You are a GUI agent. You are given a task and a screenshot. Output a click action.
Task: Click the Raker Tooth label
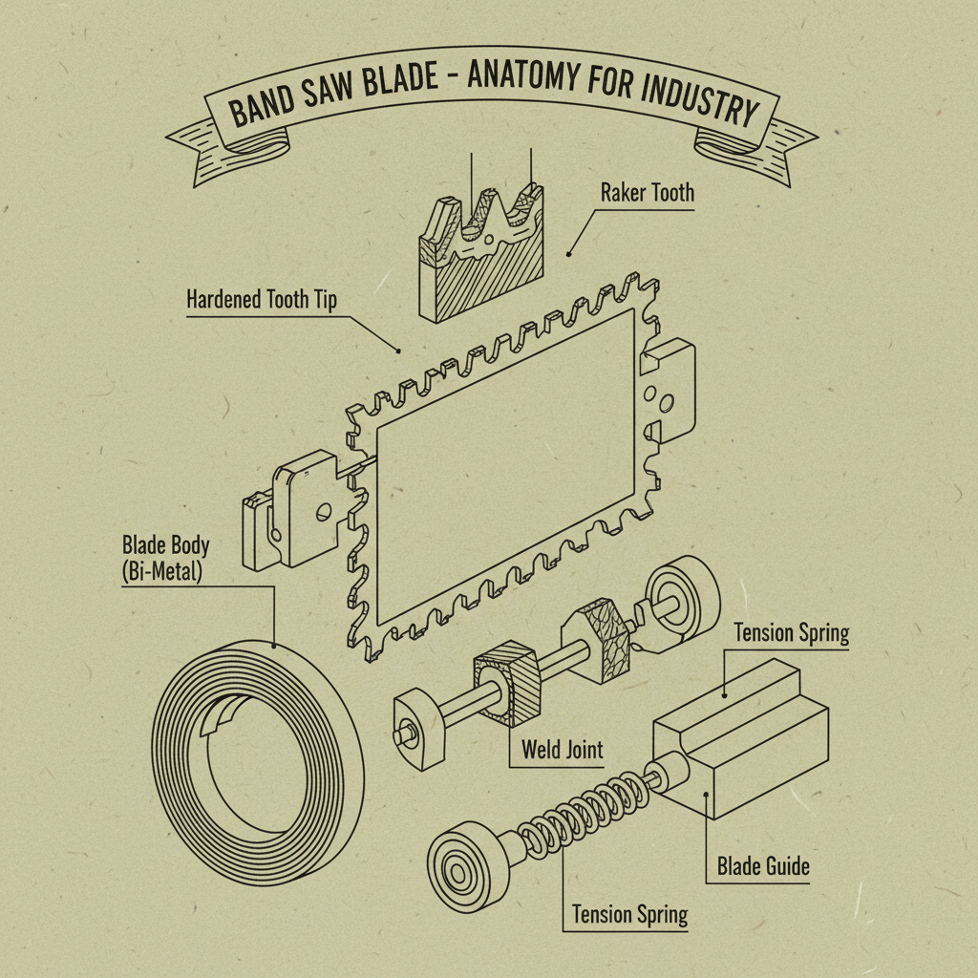click(x=647, y=193)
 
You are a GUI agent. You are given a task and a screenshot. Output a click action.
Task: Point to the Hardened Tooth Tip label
click(x=261, y=299)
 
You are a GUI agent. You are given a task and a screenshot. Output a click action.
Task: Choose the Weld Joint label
click(x=562, y=749)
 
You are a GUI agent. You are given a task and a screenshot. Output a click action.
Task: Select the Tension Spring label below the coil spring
click(x=629, y=914)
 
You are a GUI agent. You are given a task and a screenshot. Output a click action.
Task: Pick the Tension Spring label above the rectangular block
click(x=791, y=633)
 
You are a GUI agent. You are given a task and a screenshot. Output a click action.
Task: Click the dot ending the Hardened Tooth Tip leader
click(x=401, y=351)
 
